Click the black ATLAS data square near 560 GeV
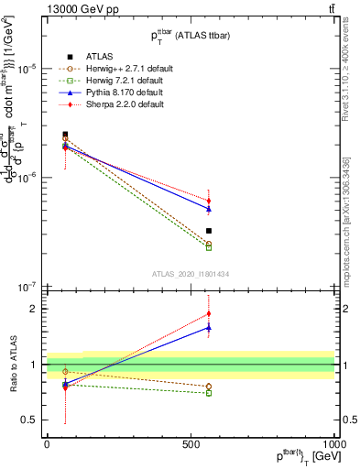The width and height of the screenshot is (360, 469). click(209, 231)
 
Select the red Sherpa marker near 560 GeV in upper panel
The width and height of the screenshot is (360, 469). click(209, 201)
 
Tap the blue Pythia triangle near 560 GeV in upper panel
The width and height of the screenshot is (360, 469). click(209, 209)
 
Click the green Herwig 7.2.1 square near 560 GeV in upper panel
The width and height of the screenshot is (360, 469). click(209, 247)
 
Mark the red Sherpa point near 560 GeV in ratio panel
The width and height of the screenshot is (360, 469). click(209, 314)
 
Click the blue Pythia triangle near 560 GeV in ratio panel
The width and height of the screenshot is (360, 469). click(209, 327)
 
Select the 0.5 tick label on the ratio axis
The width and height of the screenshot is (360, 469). click(30, 420)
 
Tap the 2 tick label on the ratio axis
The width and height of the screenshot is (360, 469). click(36, 310)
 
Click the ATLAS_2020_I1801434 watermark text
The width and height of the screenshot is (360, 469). click(191, 273)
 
